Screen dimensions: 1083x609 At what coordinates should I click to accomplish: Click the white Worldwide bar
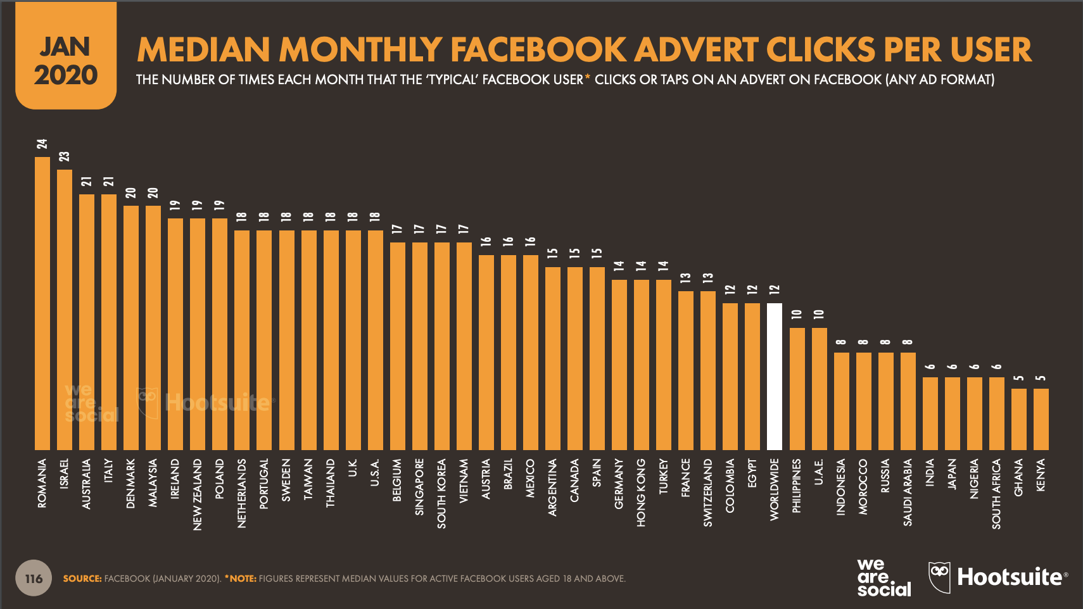(x=775, y=377)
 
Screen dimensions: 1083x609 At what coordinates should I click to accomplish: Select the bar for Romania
(x=42, y=303)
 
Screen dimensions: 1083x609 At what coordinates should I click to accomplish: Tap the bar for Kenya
(x=1041, y=420)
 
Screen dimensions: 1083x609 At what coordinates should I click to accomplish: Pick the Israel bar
(x=65, y=310)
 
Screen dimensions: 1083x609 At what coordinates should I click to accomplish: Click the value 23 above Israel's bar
(x=65, y=156)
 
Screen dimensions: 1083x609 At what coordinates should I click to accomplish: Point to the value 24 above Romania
(x=42, y=144)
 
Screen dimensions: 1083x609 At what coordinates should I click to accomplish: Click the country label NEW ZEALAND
(x=197, y=494)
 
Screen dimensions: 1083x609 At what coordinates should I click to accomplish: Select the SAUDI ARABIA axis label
(x=908, y=492)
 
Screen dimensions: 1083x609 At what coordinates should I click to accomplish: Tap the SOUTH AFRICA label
(x=996, y=494)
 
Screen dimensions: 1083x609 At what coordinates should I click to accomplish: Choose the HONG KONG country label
(x=641, y=493)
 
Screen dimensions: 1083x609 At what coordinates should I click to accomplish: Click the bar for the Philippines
(x=797, y=389)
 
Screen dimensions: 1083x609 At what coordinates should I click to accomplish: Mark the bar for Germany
(x=619, y=365)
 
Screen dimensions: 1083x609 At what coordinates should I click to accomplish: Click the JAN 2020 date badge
(x=66, y=56)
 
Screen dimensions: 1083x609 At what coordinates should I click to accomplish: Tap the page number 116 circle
(x=34, y=578)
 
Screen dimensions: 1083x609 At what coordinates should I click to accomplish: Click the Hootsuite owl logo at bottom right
(x=939, y=577)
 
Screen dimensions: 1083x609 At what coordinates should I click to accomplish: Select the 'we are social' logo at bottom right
(x=883, y=577)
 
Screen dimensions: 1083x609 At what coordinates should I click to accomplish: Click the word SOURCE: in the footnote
(x=82, y=579)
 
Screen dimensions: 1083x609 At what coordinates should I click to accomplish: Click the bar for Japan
(x=953, y=414)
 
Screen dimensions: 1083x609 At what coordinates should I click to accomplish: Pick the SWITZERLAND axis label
(x=708, y=493)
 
